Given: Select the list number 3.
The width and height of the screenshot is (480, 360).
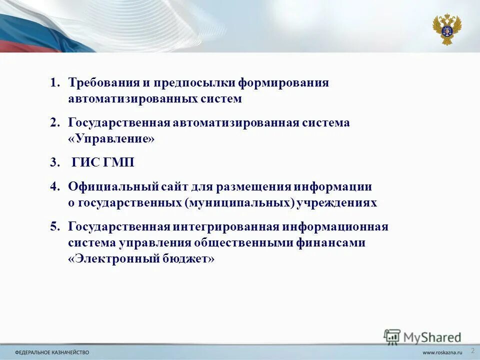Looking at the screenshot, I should [54, 162].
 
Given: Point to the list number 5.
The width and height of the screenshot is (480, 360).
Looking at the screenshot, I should [54, 226].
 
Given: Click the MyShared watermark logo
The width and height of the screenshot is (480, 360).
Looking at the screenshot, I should [422, 336].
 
